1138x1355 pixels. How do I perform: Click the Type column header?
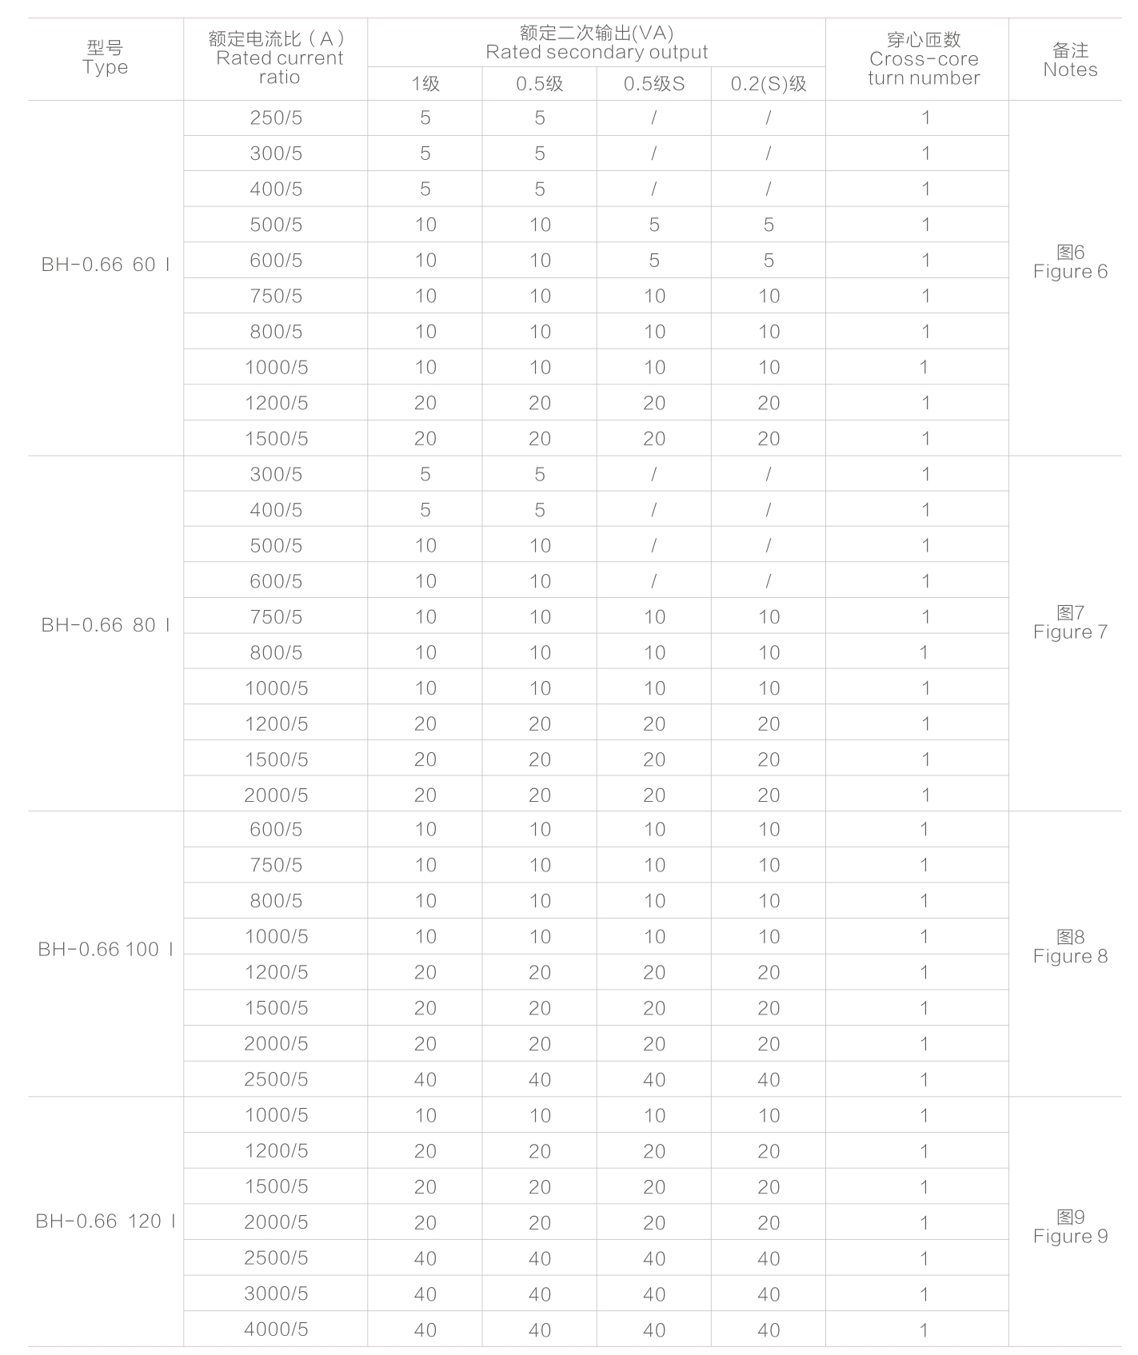click(105, 58)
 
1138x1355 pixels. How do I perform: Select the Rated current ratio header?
click(277, 58)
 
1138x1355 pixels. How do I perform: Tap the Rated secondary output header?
click(597, 42)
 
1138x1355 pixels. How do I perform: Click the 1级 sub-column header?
click(425, 84)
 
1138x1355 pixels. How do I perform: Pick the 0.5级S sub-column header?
click(654, 84)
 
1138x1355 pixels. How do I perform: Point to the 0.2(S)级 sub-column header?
click(769, 84)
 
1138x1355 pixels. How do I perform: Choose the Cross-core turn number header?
click(924, 58)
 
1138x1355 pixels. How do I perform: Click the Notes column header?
click(1070, 60)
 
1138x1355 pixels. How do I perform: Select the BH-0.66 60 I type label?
click(106, 265)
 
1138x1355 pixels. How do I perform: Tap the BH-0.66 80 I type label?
click(106, 625)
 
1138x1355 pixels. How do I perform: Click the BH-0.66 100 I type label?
click(106, 950)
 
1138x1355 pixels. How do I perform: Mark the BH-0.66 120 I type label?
click(106, 1221)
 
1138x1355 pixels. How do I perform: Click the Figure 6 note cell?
click(1070, 262)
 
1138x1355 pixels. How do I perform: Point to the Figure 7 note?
click(1070, 623)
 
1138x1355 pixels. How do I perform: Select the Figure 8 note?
click(1070, 947)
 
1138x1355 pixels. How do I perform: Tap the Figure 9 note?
click(1070, 1227)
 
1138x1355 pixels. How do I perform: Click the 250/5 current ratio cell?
click(276, 118)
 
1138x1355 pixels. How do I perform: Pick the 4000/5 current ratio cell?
click(276, 1329)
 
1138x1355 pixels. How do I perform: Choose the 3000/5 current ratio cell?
click(276, 1293)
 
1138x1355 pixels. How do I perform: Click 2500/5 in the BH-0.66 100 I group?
click(276, 1079)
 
